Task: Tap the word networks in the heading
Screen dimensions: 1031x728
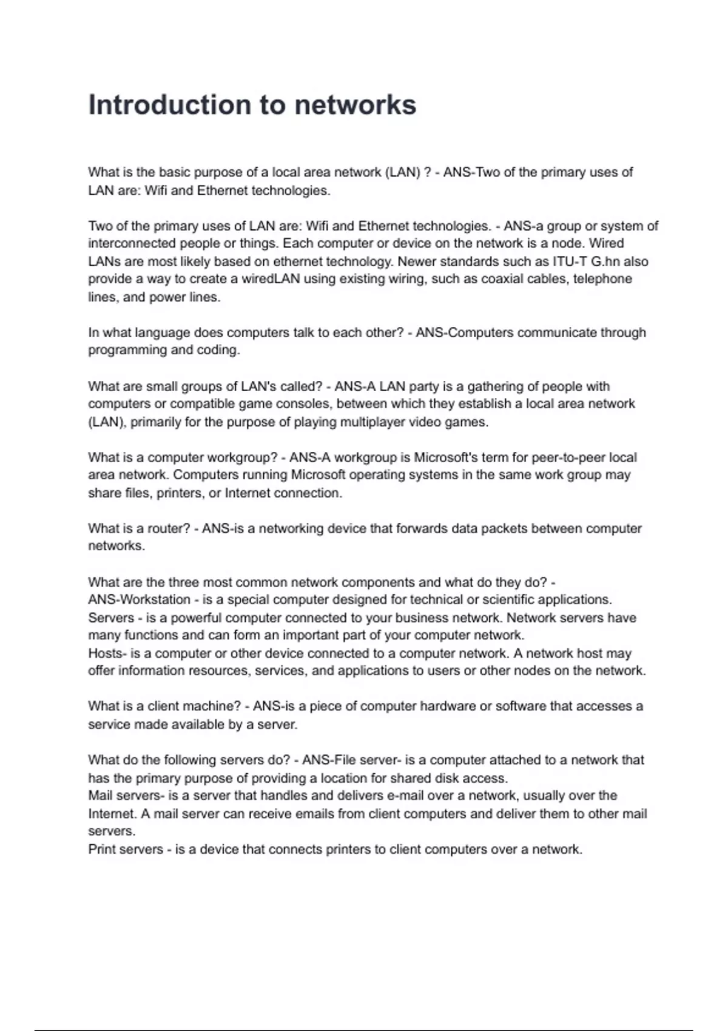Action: coord(356,105)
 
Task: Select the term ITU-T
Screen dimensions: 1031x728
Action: coord(570,261)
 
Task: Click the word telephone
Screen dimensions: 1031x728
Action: coord(602,279)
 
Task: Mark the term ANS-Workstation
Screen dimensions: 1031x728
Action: coord(139,600)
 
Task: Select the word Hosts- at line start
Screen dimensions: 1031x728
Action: coord(107,653)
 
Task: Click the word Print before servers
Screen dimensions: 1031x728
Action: coord(100,849)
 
